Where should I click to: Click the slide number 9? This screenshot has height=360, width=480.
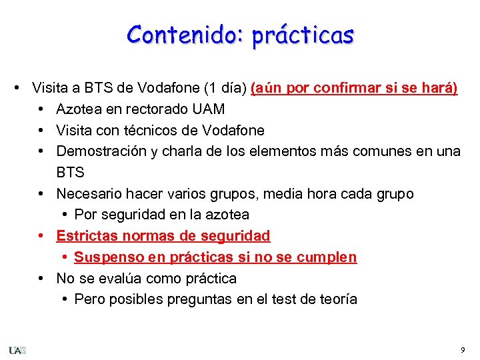click(463, 350)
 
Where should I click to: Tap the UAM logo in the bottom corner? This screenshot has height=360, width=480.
click(17, 350)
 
